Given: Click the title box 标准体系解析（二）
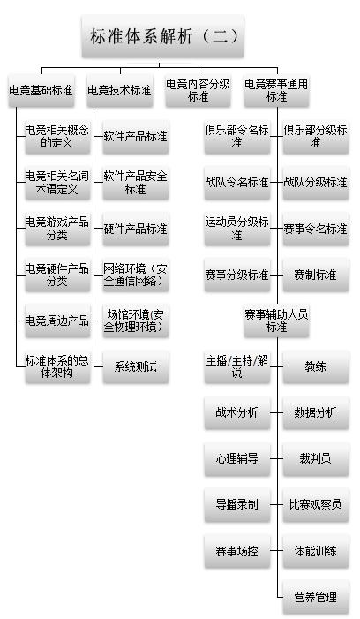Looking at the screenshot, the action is coord(162,36).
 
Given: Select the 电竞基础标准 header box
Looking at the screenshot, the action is coord(41,90).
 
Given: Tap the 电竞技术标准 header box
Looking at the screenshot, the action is coord(120,90).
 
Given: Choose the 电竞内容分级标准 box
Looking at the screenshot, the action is coord(198,90).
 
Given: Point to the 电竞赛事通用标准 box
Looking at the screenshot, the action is coord(276,90).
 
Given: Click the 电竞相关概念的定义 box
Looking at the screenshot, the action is coord(57,137).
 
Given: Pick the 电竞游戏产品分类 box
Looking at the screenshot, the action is coord(57,229).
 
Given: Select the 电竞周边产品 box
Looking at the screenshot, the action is coord(57,321).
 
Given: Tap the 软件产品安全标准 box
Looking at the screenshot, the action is coord(136,183).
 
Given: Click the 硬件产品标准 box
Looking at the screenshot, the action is coord(136,229).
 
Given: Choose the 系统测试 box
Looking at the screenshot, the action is coord(136,367).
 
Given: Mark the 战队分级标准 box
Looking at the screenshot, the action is coord(316,183).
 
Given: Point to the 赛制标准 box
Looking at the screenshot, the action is coord(316,275).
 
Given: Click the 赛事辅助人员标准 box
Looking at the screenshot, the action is coord(276,321).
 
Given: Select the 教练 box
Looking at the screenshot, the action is coord(316,367).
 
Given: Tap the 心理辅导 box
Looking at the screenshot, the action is coord(237,459).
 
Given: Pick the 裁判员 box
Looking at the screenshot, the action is coord(316,459).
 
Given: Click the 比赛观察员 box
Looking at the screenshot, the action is coord(316,505).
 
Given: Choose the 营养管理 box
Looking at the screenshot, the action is coord(316,597).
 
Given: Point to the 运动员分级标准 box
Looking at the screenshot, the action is coord(237,229).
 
